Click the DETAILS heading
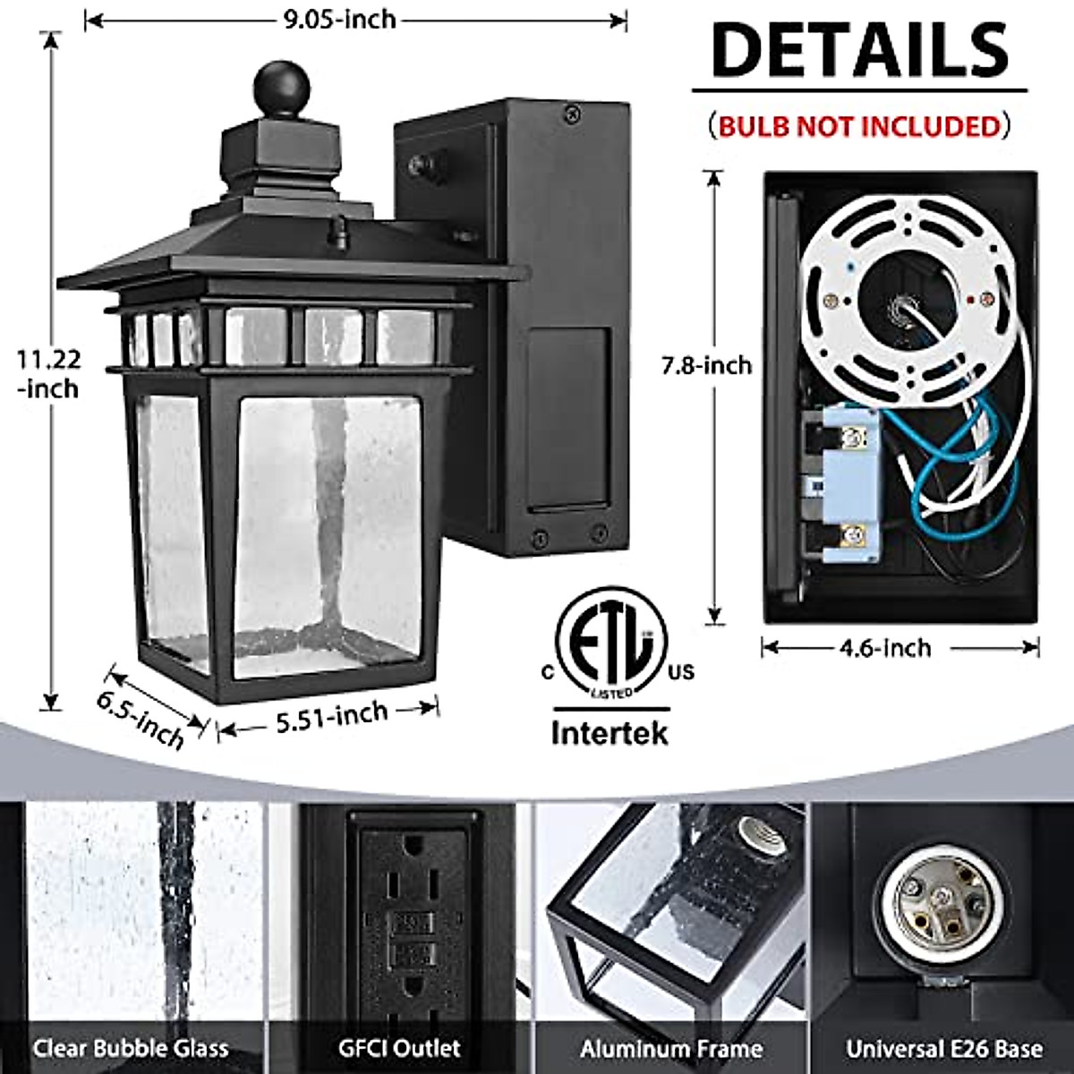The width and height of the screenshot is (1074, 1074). pyautogui.click(x=859, y=51)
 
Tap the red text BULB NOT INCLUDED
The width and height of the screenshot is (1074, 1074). pyautogui.click(x=859, y=125)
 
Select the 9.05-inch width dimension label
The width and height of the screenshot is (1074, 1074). pyautogui.click(x=339, y=19)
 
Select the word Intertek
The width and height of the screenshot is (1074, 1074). pyautogui.click(x=609, y=733)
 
